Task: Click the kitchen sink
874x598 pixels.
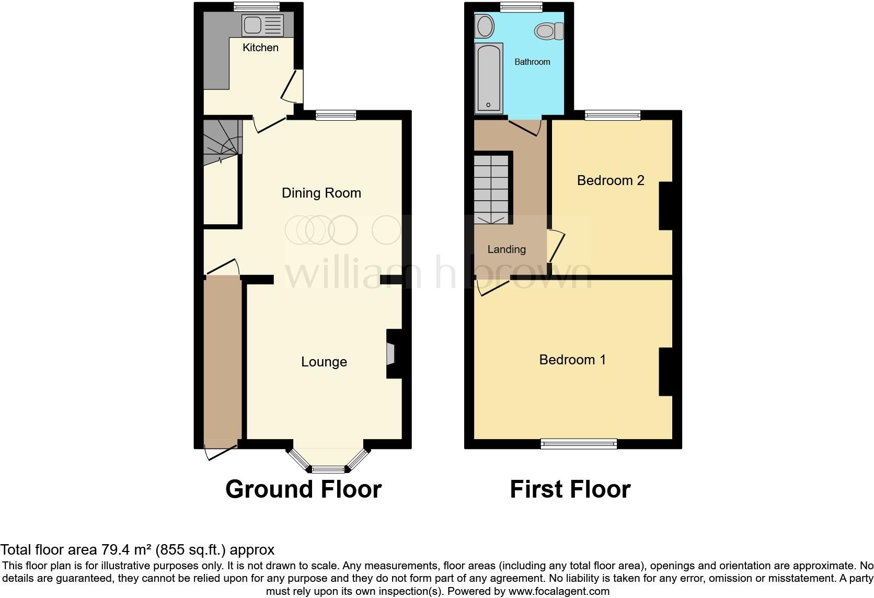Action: (x=262, y=25)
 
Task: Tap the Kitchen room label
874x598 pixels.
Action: (x=260, y=48)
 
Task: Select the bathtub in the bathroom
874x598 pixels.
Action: (x=489, y=78)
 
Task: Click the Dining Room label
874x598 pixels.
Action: (x=321, y=193)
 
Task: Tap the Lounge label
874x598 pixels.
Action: (x=324, y=362)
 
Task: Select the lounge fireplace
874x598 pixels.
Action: (x=392, y=353)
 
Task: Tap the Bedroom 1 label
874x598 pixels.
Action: (x=572, y=360)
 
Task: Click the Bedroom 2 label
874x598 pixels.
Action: (x=610, y=180)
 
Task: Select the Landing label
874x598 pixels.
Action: (x=506, y=249)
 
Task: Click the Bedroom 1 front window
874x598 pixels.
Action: (x=579, y=444)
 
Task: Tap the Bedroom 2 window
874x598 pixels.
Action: (x=613, y=115)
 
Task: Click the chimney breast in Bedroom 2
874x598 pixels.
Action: (x=665, y=205)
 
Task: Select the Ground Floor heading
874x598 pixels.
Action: (x=303, y=489)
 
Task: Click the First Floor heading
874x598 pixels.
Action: (x=570, y=489)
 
